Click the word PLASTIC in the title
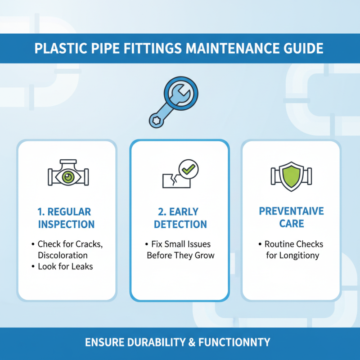tap(60, 48)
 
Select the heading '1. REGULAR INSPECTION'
tap(67, 218)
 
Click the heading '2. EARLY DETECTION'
tap(180, 218)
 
